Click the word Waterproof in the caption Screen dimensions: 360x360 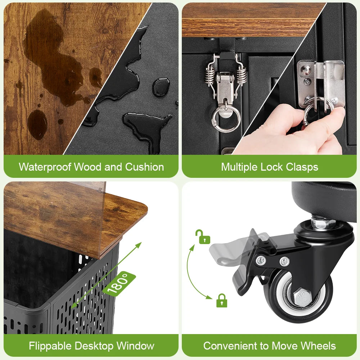tap(45, 167)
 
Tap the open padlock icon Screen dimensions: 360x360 tap(203, 237)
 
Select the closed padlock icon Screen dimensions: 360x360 tap(222, 300)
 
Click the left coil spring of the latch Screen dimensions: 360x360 tap(210, 75)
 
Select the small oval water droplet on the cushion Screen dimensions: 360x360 tap(161, 87)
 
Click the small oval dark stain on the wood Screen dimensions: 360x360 tap(37, 125)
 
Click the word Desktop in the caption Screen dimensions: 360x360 tap(94, 346)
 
